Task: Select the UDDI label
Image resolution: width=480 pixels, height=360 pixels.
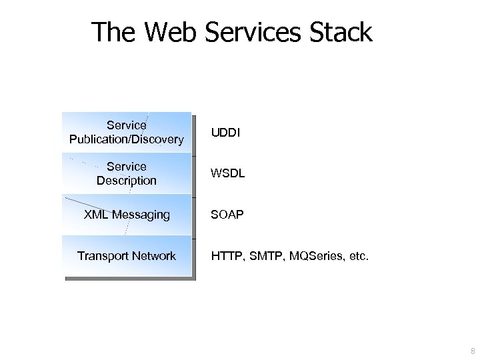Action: (x=225, y=133)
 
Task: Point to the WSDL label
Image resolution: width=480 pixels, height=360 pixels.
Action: (x=228, y=173)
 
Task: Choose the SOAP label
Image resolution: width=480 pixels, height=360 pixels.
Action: (x=227, y=215)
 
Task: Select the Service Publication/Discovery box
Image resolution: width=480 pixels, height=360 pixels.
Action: (x=127, y=132)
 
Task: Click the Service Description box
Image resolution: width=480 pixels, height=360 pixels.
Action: (x=127, y=173)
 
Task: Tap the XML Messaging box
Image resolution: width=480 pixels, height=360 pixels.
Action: (x=127, y=215)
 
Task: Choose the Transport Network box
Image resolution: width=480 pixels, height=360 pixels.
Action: (x=127, y=256)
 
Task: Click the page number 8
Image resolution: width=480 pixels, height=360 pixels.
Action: (x=473, y=351)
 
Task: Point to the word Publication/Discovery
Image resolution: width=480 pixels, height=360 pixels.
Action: (x=127, y=139)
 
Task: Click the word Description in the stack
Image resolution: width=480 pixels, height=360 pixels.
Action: (x=127, y=181)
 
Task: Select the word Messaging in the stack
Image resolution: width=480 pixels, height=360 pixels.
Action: (x=141, y=215)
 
